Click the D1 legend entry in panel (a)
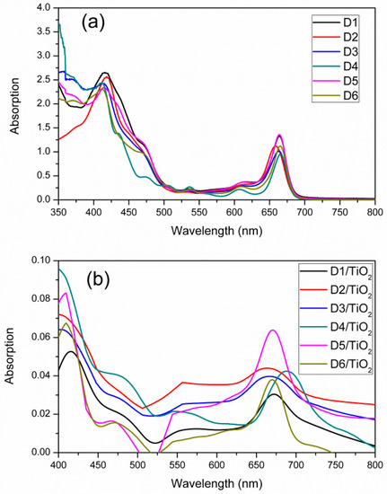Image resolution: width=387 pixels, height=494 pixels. pos(335,22)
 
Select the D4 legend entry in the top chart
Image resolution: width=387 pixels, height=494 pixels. pos(335,66)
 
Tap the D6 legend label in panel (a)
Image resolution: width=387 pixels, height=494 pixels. pos(351,96)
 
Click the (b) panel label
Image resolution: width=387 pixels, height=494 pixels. pos(98,279)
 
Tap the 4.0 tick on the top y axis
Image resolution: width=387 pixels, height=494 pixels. pos(46,8)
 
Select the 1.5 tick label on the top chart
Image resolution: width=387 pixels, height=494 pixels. pos(46,128)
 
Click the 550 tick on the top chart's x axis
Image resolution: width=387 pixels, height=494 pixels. pos(199,212)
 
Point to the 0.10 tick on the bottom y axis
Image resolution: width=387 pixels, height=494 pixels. pos(41,260)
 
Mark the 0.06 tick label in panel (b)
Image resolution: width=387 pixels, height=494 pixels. pos(41,337)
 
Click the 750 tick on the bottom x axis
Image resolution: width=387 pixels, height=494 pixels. pos(335,465)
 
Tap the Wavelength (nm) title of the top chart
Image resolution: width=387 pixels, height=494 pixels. pos(216,231)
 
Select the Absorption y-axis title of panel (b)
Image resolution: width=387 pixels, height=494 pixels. pos(10,356)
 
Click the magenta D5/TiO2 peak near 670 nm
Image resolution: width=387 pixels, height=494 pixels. pos(273,330)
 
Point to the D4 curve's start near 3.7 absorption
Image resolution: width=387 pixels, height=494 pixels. pos(59,23)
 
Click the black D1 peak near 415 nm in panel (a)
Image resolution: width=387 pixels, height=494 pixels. pos(105,73)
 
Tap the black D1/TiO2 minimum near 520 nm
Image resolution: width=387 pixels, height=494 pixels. pos(155,443)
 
